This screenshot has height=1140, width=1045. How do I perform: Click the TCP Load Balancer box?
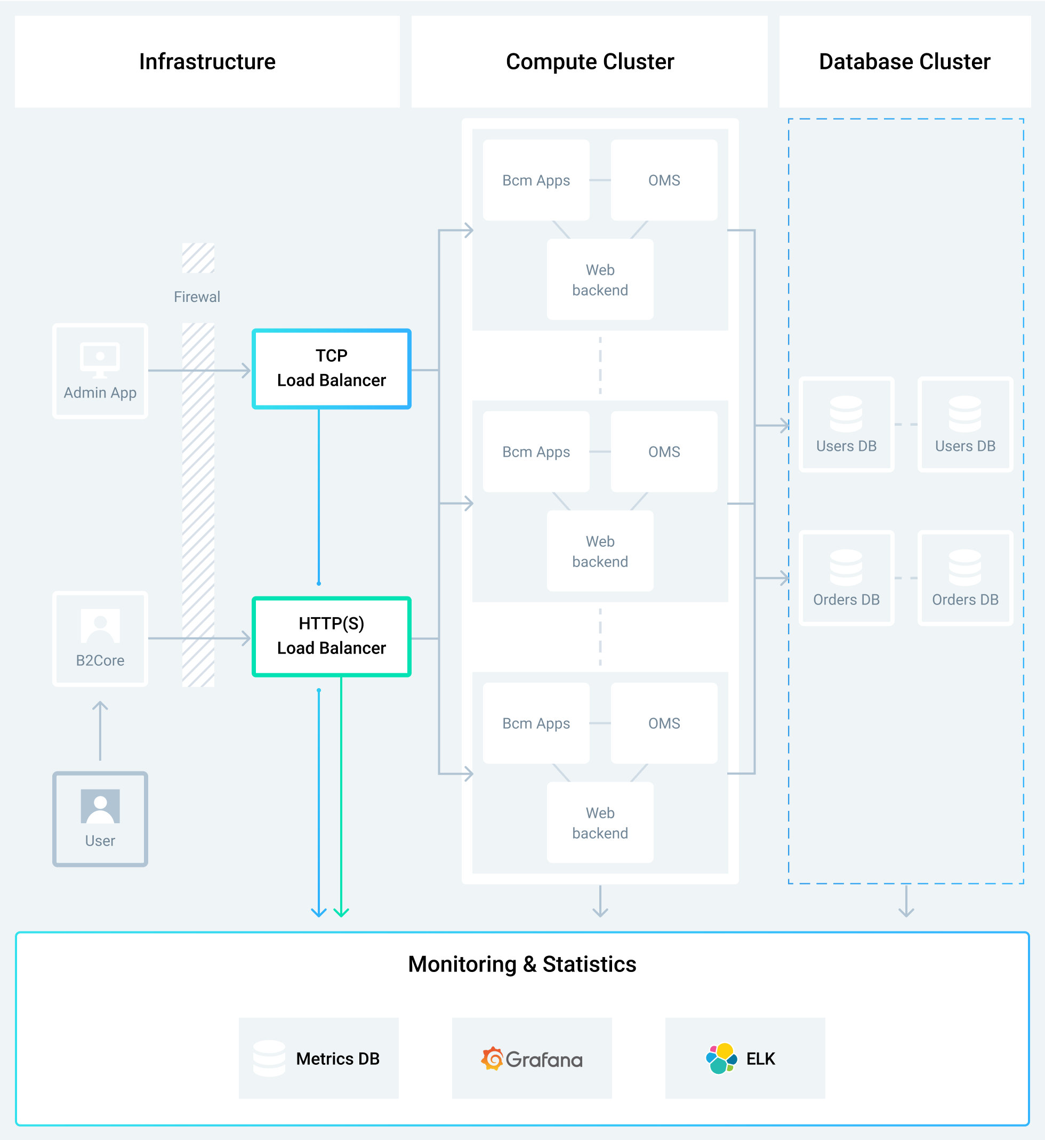332,369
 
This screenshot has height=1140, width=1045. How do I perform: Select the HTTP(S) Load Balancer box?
332,636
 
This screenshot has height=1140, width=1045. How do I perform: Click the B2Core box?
100,639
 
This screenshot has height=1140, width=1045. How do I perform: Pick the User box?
100,819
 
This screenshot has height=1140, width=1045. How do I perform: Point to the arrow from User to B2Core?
100,731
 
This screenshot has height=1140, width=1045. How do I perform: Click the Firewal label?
197,297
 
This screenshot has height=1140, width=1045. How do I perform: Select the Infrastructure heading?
207,62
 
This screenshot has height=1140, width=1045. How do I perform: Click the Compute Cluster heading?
590,62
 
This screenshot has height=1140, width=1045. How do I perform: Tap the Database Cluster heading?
905,62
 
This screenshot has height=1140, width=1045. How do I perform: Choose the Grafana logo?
532,1058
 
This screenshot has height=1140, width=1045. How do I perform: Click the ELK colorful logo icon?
721,1058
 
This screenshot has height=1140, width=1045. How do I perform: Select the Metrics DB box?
318,1058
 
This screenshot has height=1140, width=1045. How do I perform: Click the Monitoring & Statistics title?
522,964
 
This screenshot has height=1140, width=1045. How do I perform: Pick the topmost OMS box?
664,180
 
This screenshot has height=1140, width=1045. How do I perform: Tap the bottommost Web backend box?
600,823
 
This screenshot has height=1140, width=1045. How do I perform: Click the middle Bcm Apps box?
536,451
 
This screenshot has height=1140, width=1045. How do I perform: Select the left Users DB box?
847,424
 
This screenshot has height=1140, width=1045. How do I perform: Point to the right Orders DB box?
965,578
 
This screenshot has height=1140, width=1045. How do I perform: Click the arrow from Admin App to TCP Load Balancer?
199,371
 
